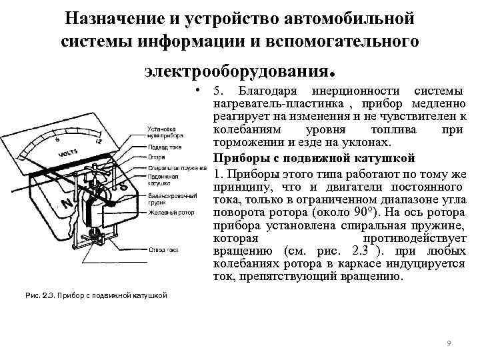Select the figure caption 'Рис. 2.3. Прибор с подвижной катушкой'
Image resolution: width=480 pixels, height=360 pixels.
pos(93,295)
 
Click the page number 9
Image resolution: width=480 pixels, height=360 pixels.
pos(449,343)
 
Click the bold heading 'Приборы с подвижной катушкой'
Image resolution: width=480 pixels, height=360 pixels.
pos(314,158)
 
